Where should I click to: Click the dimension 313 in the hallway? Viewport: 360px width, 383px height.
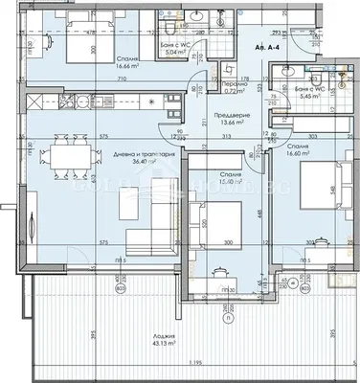[230, 135]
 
